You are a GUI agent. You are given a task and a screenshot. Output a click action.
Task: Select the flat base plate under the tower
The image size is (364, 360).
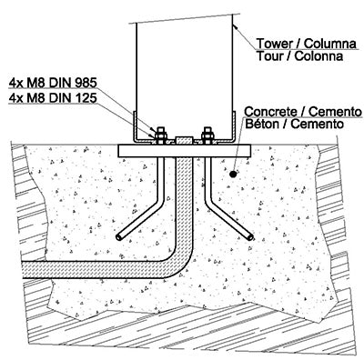tap(184, 149)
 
